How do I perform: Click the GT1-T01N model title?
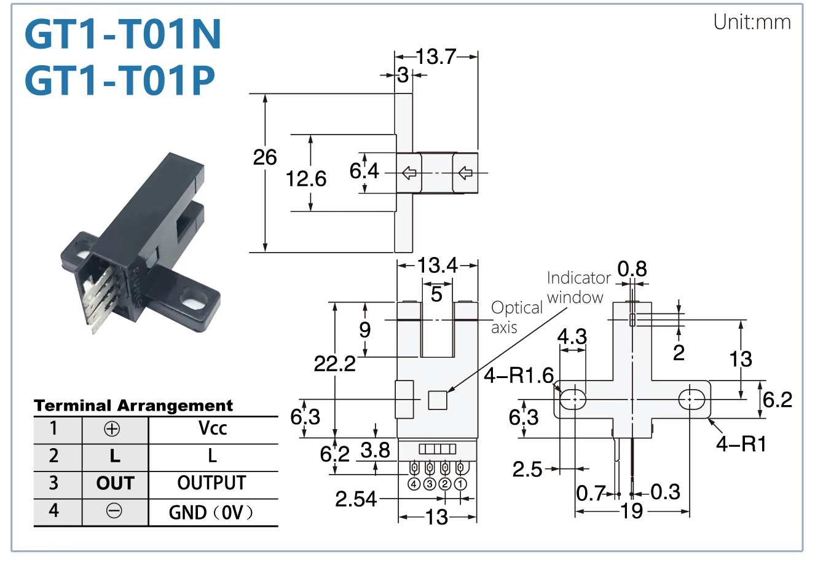[123, 34]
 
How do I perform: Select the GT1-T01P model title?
[120, 80]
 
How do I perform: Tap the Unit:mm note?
[752, 22]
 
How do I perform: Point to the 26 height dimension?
[265, 157]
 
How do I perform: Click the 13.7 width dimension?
[436, 57]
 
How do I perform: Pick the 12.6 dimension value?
[306, 179]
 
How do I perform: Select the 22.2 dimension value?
[335, 363]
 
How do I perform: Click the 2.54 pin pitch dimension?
[356, 499]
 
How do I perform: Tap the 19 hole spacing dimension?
[632, 511]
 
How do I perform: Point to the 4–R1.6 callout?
[519, 375]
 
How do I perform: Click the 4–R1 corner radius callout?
[741, 444]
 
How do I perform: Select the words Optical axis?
[517, 317]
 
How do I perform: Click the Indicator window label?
[578, 288]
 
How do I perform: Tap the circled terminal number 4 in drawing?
[414, 484]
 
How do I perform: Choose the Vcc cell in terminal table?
[213, 428]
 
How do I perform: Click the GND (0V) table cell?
[211, 513]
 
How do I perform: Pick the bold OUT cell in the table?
[116, 483]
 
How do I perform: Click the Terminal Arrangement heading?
[133, 405]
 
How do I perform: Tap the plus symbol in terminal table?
[112, 428]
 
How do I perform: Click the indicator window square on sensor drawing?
[438, 400]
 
